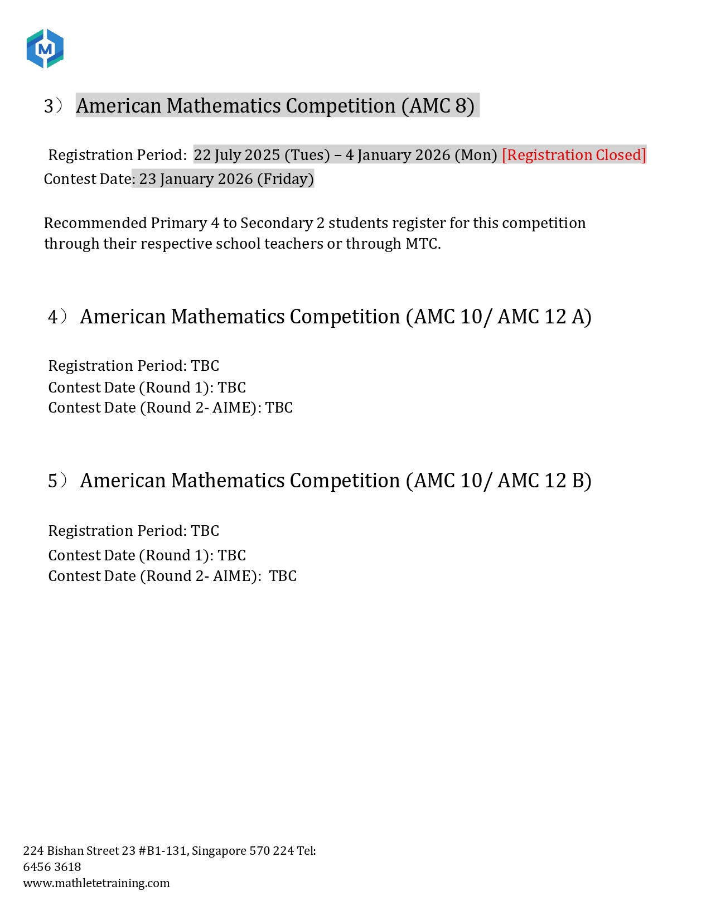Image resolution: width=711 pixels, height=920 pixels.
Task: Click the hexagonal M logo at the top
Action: pyautogui.click(x=45, y=49)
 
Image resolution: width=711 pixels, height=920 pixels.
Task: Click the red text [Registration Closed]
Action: pyautogui.click(x=574, y=155)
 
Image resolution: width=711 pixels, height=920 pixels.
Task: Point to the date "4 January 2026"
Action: pyautogui.click(x=397, y=155)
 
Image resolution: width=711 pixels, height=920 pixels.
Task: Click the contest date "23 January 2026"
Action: pyautogui.click(x=196, y=179)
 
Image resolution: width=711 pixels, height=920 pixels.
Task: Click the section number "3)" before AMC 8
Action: pyautogui.click(x=53, y=106)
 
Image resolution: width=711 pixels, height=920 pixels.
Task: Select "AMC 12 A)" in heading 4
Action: pyautogui.click(x=544, y=317)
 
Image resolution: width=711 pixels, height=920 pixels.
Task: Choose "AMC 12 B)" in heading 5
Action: pyautogui.click(x=544, y=481)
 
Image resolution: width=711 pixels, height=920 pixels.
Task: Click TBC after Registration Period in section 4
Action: pyautogui.click(x=205, y=366)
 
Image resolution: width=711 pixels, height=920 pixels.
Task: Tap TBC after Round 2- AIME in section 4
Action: pyautogui.click(x=279, y=408)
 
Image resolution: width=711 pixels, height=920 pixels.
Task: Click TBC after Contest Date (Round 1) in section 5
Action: pyautogui.click(x=231, y=555)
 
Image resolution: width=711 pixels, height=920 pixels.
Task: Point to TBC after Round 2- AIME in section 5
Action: pyautogui.click(x=283, y=576)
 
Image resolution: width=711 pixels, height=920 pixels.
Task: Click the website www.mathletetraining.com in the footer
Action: pyautogui.click(x=96, y=883)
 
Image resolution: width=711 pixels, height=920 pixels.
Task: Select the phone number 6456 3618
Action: pyautogui.click(x=52, y=867)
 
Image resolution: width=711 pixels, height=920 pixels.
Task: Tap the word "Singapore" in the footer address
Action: pyautogui.click(x=219, y=851)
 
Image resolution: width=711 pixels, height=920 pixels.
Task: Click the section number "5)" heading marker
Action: pyautogui.click(x=57, y=481)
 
